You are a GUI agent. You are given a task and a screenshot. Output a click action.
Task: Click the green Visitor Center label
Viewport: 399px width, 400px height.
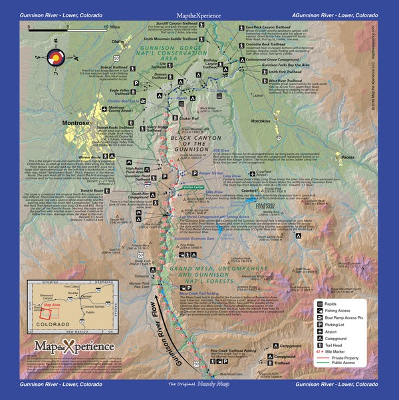pos(197,188)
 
